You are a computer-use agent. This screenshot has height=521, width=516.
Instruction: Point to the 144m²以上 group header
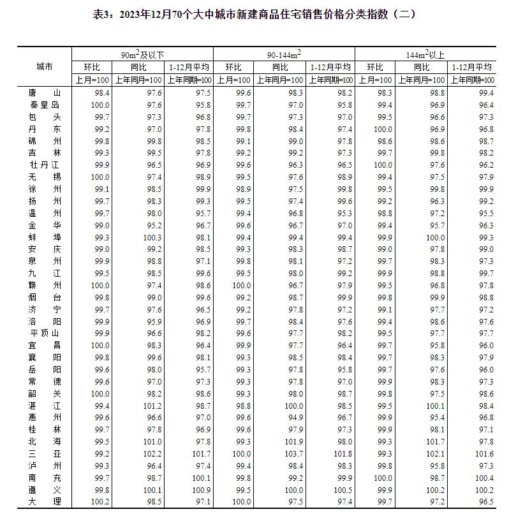point(425,55)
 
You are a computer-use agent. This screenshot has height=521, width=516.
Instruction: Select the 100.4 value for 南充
point(482,478)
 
